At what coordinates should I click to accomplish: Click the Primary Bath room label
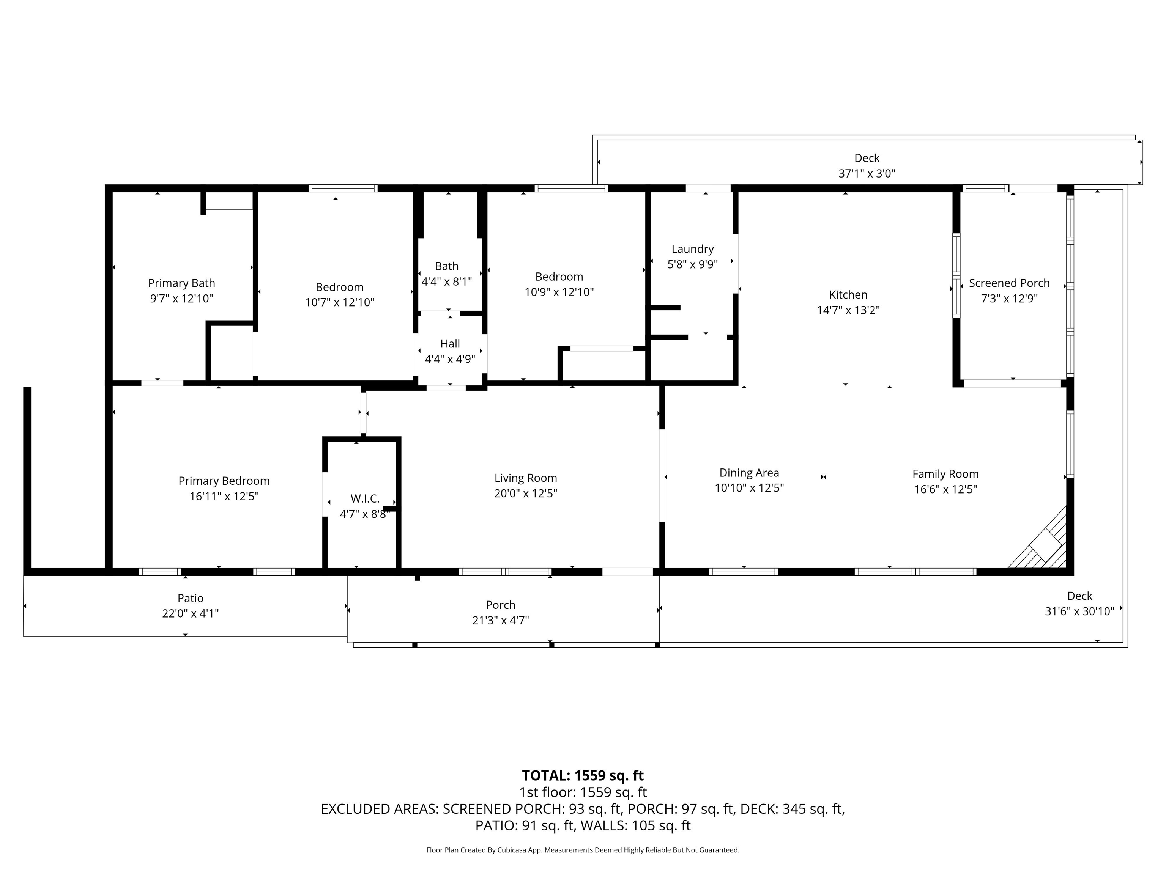(x=181, y=283)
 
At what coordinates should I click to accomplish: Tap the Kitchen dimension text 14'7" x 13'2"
(x=848, y=310)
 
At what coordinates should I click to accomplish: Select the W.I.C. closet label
(x=365, y=499)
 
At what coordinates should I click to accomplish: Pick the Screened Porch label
(x=1009, y=283)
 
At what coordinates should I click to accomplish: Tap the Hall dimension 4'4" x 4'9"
(x=450, y=359)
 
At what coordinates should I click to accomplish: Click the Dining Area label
(x=749, y=473)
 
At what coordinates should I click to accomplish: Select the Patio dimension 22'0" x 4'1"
(x=190, y=613)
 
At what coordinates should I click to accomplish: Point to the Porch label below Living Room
(x=501, y=605)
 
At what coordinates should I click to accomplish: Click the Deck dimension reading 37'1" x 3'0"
(x=867, y=173)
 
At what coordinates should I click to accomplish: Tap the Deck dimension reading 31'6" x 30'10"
(x=1079, y=611)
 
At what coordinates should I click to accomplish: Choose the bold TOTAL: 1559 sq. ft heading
(x=583, y=775)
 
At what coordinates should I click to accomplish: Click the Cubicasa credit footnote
(x=583, y=850)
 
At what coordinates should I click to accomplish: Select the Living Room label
(x=526, y=478)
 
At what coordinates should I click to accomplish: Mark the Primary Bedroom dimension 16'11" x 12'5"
(x=224, y=496)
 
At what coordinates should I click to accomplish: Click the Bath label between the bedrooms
(x=446, y=267)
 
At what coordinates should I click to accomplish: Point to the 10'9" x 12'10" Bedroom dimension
(x=559, y=292)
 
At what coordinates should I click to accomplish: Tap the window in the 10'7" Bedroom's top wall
(x=343, y=188)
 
